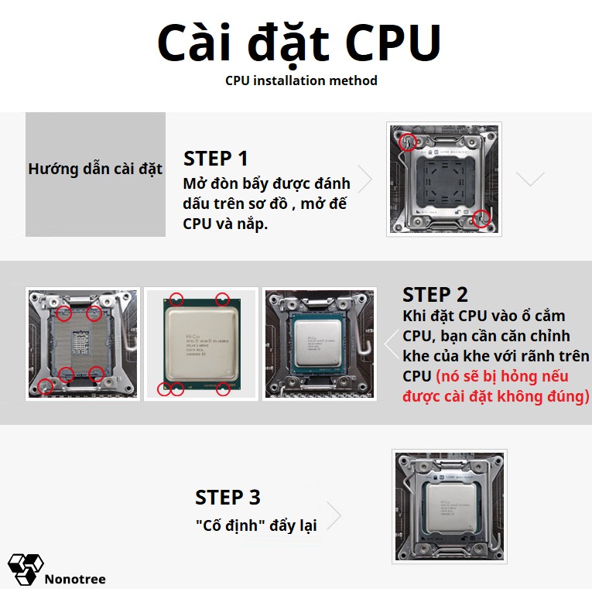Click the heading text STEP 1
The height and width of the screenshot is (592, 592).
pyautogui.click(x=216, y=159)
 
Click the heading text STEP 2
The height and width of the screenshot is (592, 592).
pyautogui.click(x=435, y=295)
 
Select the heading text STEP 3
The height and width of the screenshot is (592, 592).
pyautogui.click(x=228, y=497)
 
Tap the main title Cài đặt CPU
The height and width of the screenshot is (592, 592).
pyautogui.click(x=299, y=43)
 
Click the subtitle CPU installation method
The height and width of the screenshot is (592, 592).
pyautogui.click(x=301, y=80)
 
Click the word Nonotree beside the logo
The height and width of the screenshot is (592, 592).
pyautogui.click(x=75, y=579)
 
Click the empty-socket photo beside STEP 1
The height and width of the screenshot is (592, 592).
pyautogui.click(x=444, y=179)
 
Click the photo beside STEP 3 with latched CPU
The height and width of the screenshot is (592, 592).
pyautogui.click(x=449, y=506)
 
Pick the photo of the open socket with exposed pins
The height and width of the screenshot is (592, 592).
pyautogui.click(x=83, y=344)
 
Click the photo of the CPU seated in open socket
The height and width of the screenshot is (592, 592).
pyautogui.click(x=320, y=344)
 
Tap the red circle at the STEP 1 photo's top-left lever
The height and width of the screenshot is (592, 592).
pyautogui.click(x=408, y=142)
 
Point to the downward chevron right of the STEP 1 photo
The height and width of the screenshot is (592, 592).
pyautogui.click(x=530, y=179)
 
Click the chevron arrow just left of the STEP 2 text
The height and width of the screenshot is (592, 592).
pyautogui.click(x=391, y=344)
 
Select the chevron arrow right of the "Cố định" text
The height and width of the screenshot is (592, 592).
pyautogui.click(x=334, y=515)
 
